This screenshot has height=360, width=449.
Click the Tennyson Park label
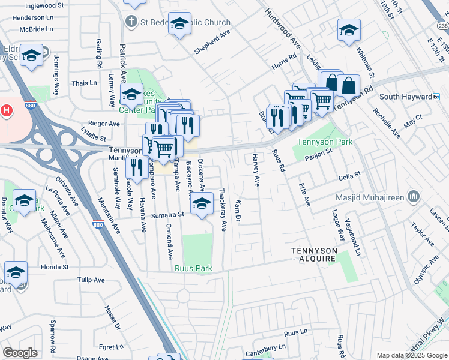(325, 142)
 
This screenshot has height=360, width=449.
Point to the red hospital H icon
(7, 110)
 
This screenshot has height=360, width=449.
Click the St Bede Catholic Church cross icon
(130, 22)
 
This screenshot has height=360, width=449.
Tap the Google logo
(20, 353)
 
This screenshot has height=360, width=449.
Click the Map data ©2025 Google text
(412, 355)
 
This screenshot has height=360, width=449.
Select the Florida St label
(55, 266)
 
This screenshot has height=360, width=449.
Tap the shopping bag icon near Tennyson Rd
(348, 85)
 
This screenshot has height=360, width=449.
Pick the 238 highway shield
(442, 26)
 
